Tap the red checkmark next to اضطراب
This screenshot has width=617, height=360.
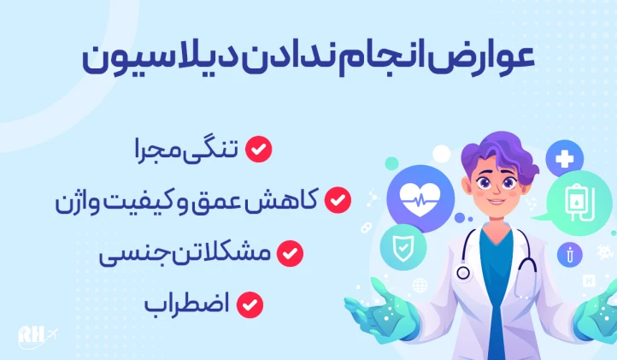250,304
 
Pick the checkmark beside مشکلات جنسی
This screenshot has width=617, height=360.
291,253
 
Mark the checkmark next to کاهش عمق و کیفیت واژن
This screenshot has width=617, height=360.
338,201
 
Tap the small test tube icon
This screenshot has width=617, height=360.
566,254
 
